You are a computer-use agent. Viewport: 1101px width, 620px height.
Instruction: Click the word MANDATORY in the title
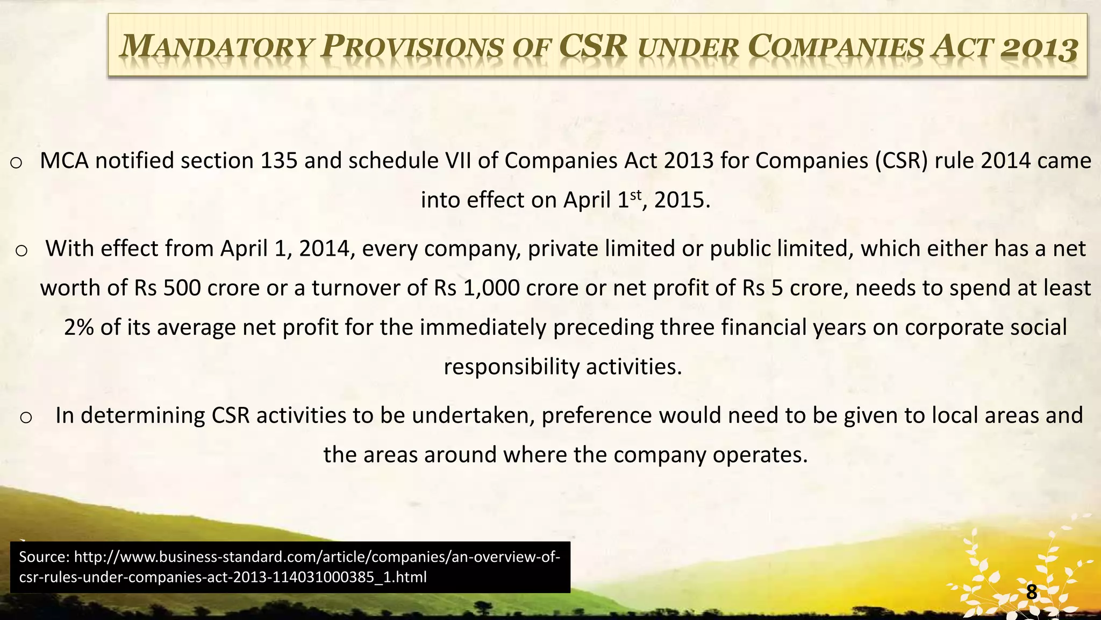tap(215, 47)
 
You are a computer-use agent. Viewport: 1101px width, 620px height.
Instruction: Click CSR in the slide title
tap(593, 46)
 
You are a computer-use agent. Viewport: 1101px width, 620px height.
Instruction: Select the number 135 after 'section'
tap(279, 161)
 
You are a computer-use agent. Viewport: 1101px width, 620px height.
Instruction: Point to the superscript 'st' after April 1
tap(635, 195)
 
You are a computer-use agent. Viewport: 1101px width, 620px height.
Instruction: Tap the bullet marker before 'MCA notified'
tap(16, 163)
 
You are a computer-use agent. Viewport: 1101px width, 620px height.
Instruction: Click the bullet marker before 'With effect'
tap(22, 250)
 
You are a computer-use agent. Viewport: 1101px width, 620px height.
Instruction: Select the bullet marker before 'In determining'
tap(26, 417)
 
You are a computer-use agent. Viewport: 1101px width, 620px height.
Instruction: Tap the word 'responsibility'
tap(511, 367)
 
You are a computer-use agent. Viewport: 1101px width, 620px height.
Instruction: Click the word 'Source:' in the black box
tap(44, 557)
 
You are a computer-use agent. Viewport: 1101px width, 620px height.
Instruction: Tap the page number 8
tap(1031, 592)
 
